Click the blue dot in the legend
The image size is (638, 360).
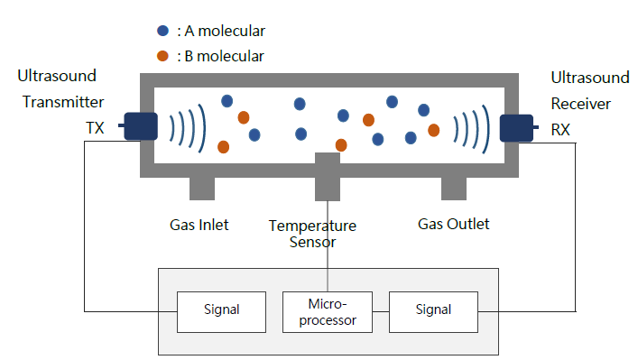point(162,31)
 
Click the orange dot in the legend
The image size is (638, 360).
point(162,56)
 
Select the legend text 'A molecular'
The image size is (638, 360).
point(225,31)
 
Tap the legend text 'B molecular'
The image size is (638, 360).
point(224,56)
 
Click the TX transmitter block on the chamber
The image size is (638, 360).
point(141,126)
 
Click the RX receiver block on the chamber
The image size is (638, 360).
point(516,128)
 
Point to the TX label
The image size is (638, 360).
point(95,128)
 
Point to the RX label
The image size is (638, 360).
point(560,130)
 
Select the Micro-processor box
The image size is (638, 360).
point(328,312)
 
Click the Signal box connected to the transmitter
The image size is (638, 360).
point(221,312)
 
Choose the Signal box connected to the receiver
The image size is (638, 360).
point(433,312)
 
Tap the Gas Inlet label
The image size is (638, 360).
point(199,225)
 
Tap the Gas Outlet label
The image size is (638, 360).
point(454,224)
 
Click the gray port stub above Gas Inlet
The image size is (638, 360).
point(202,189)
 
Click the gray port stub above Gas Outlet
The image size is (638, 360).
point(454,189)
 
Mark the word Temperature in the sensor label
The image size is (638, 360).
point(312,226)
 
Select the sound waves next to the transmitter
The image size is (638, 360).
point(188,128)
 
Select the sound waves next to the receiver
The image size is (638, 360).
point(472,129)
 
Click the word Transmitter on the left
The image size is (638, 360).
point(63,102)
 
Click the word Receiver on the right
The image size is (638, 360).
point(580,104)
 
